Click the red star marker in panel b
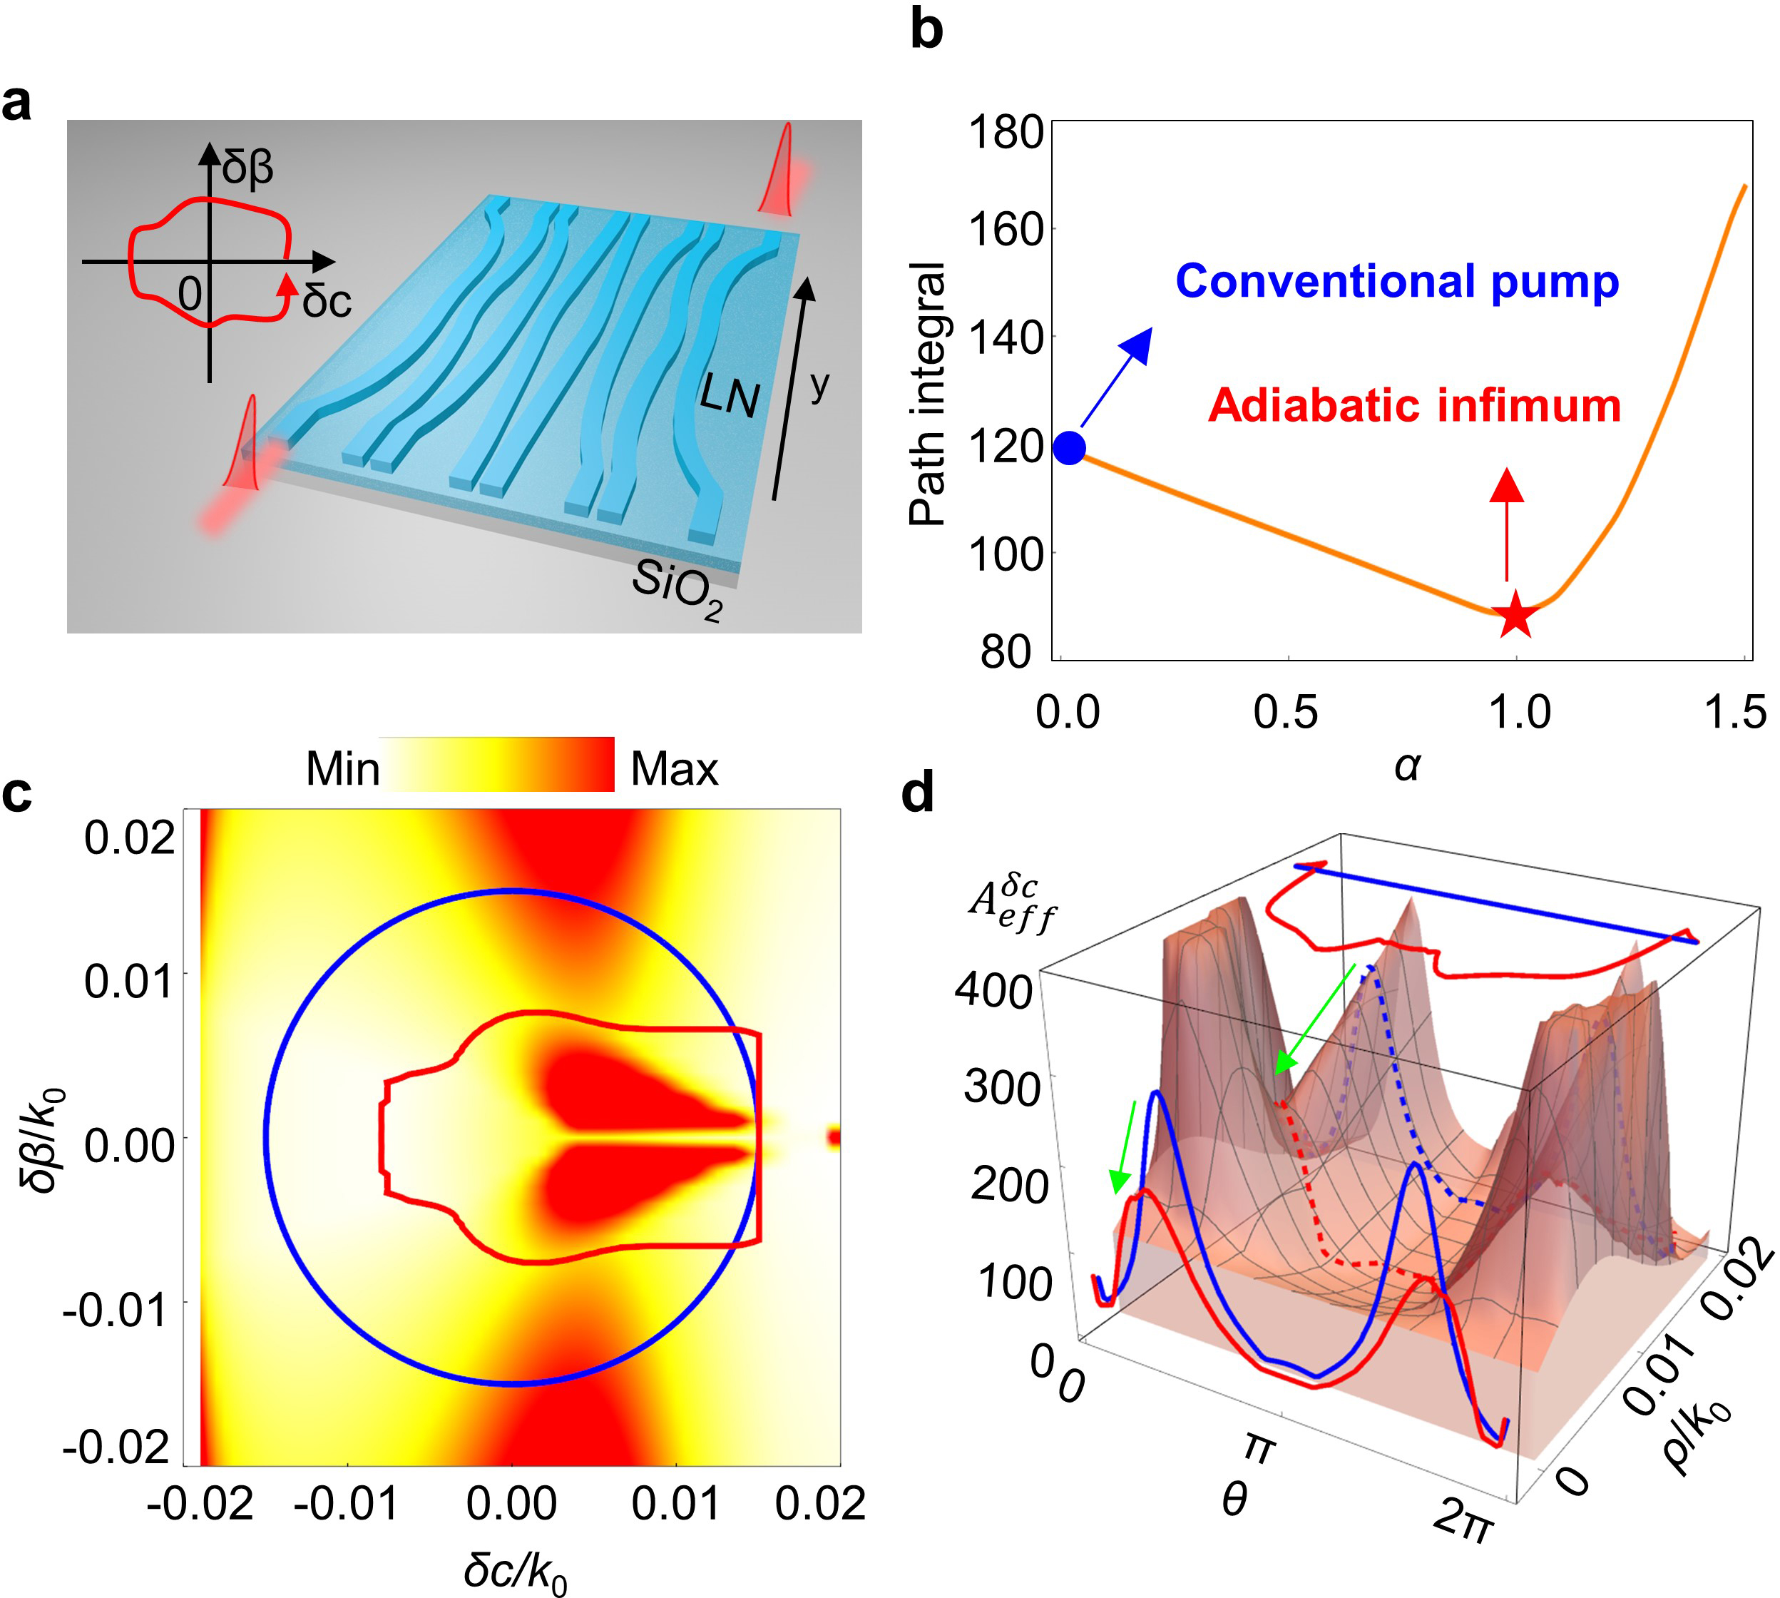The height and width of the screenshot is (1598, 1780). click(x=1515, y=616)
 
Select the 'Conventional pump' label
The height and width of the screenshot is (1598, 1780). click(x=1396, y=282)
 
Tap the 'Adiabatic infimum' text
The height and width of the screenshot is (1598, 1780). click(x=1414, y=406)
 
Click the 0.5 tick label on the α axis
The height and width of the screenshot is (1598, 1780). click(x=1285, y=712)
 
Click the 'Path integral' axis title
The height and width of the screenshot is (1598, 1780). click(x=928, y=393)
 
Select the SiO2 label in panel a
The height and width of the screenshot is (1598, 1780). click(x=678, y=589)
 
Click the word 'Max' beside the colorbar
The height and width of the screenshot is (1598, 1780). click(x=674, y=769)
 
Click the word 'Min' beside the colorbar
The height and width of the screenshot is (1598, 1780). click(x=342, y=769)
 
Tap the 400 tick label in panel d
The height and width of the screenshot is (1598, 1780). click(x=993, y=990)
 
